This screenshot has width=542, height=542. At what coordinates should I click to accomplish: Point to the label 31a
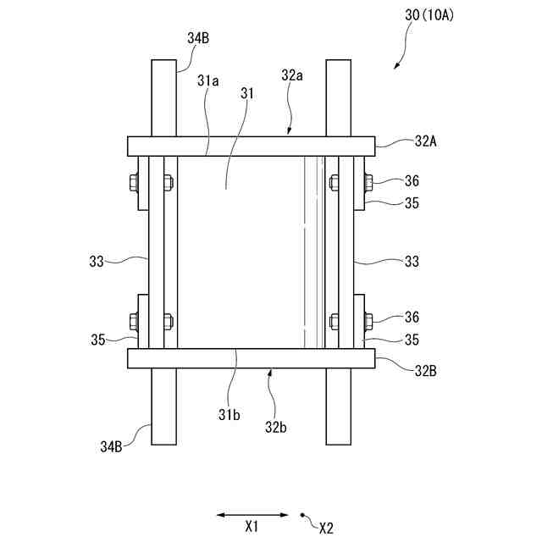[208, 81]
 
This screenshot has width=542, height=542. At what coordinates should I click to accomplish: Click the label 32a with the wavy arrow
[292, 75]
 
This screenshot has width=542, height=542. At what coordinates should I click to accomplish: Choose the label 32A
[427, 141]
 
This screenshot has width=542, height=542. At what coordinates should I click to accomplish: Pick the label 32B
[427, 369]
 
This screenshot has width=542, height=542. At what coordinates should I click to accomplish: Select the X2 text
[326, 528]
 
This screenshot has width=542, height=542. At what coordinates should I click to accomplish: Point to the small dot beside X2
[304, 514]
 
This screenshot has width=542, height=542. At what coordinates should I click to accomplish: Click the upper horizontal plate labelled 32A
[251, 146]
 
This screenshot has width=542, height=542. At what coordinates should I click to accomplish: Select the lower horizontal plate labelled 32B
[251, 359]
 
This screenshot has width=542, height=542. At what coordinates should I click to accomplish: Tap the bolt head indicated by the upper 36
[369, 180]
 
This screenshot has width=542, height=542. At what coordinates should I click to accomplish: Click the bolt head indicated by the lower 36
[369, 320]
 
